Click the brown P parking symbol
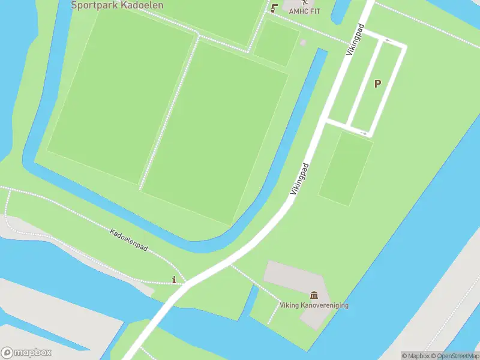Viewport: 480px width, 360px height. pos(377,84)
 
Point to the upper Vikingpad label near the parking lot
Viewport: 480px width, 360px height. pos(356,40)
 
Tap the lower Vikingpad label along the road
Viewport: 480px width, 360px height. pos(301,179)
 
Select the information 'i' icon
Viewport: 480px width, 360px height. pos(175,280)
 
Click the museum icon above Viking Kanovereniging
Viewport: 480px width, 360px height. pos(314,295)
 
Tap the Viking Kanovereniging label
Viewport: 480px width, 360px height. pos(314,305)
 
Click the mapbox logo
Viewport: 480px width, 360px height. pos(26,353)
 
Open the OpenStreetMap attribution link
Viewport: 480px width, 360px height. pos(457,356)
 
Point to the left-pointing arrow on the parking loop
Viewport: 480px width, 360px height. pos(388,41)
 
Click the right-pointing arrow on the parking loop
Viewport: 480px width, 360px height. pos(364,133)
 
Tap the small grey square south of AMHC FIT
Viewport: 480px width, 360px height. pos(303,43)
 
